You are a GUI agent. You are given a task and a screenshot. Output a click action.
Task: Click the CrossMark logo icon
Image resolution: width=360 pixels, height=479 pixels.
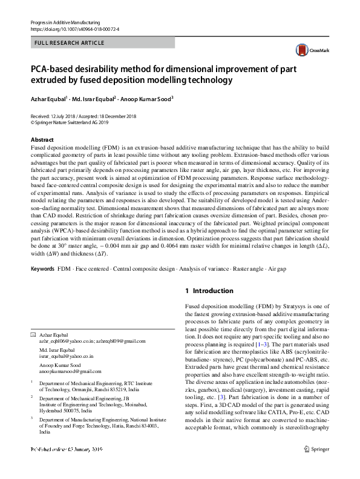pyautogui.click(x=301, y=50)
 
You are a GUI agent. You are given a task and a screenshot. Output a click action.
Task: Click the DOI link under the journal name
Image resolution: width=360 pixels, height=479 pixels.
pyautogui.click(x=70, y=28)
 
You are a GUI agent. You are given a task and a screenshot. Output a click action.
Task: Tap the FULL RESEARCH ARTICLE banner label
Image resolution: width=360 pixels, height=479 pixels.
pyautogui.click(x=70, y=43)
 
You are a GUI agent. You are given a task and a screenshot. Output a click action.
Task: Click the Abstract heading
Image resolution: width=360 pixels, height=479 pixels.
pyautogui.click(x=42, y=140)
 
